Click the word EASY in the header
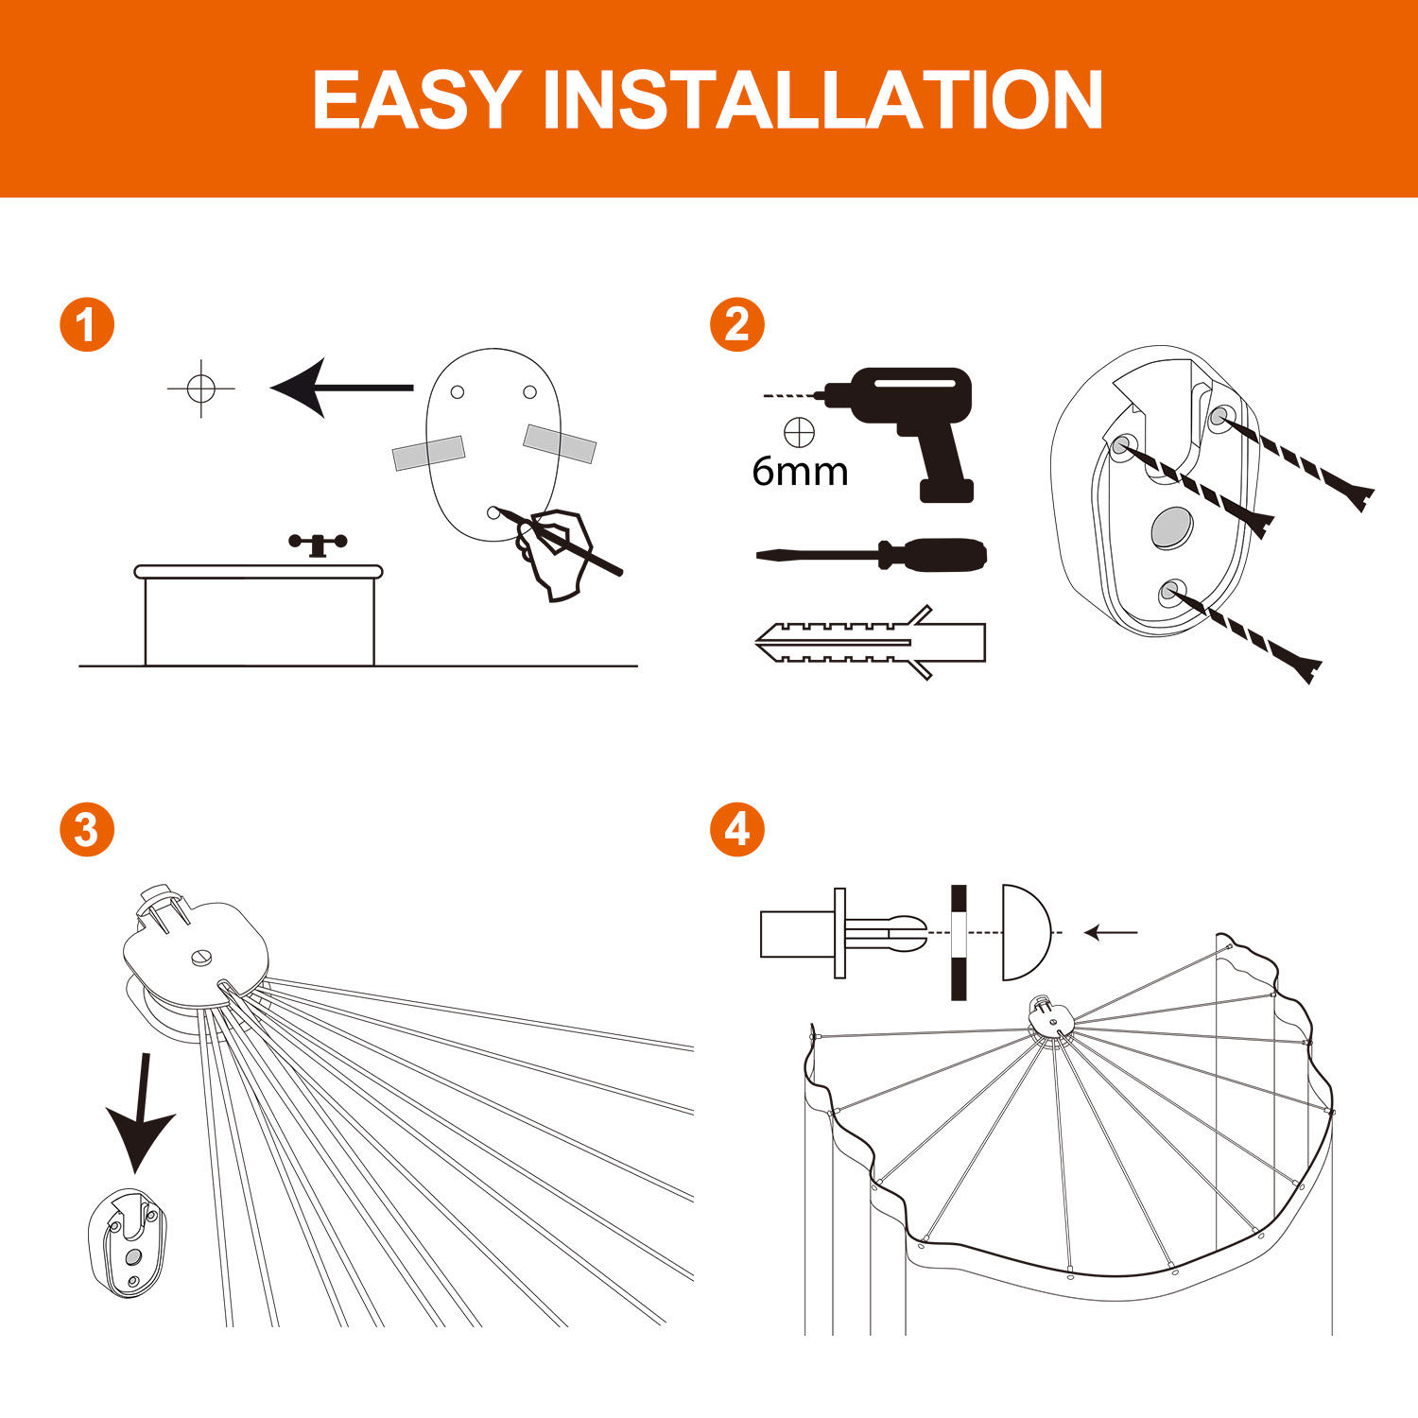(416, 100)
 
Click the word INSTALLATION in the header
(822, 100)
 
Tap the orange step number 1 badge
(87, 325)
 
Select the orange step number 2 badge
(737, 325)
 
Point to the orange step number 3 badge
(87, 830)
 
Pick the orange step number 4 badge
(737, 830)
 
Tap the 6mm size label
(800, 471)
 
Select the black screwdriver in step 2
(874, 554)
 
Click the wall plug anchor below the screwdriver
(870, 643)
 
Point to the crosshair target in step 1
(200, 388)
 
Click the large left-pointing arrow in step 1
(340, 388)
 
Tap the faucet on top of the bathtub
(318, 545)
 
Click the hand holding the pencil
(556, 553)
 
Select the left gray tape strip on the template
(429, 453)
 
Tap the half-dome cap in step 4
(1023, 933)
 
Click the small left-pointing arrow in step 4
(1110, 933)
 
